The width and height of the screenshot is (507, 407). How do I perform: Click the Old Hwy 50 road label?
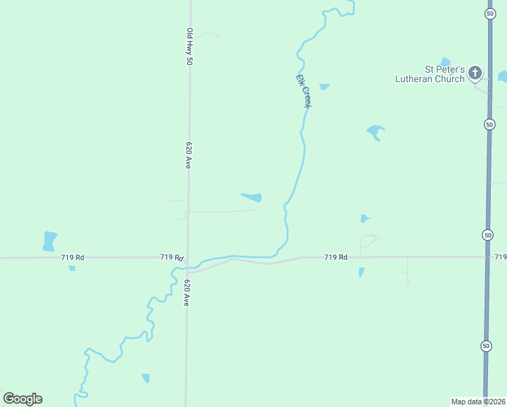[190, 46]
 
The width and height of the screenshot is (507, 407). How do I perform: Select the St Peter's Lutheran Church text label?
[430, 74]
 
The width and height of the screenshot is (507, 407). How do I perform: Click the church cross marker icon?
[475, 72]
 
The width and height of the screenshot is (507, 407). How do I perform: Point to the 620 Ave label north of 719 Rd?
[189, 155]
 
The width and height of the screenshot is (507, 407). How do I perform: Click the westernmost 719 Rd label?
[72, 257]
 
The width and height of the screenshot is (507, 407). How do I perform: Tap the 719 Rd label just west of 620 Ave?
[172, 257]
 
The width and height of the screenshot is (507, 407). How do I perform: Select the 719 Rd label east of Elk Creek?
[336, 257]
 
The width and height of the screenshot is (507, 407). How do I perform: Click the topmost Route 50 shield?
[489, 14]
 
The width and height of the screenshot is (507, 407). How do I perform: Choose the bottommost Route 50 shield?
[486, 346]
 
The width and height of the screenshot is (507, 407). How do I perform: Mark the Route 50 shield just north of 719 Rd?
[487, 235]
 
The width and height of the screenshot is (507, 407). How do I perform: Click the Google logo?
[22, 398]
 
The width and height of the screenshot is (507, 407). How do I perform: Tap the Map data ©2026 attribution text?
[478, 402]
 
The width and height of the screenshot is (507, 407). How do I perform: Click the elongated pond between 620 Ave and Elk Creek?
[252, 197]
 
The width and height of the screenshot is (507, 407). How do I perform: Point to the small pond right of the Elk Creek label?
[324, 87]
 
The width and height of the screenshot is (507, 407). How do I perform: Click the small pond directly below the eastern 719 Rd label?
[361, 272]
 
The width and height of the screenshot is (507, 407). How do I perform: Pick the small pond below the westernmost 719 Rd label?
[72, 268]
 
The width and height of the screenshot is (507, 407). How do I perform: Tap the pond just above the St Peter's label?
[445, 62]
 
